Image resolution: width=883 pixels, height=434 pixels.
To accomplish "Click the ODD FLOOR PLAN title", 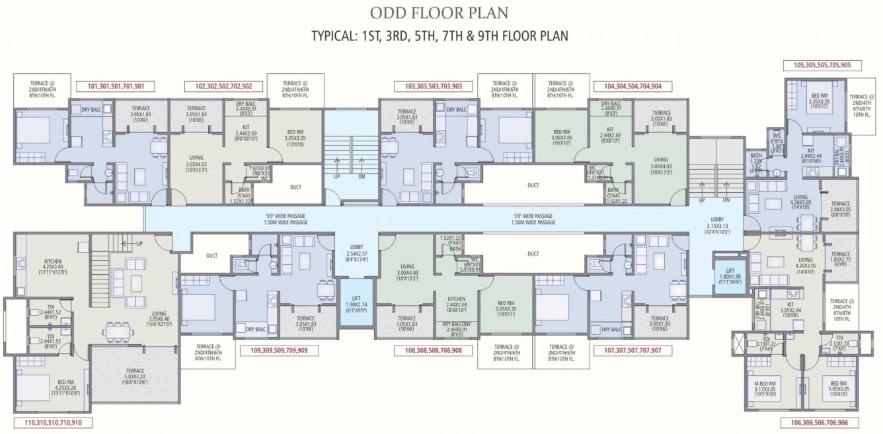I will click(440, 13).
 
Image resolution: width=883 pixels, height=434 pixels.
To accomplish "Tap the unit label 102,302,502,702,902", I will click(228, 86).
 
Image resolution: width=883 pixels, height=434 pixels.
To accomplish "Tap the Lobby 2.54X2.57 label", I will click(356, 252).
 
